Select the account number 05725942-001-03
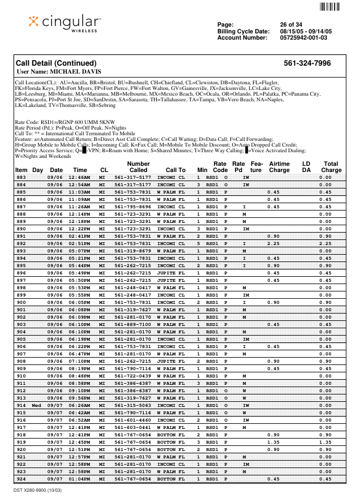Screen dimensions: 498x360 [303, 38]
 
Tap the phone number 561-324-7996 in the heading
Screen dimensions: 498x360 [307, 63]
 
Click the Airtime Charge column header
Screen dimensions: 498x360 [279, 167]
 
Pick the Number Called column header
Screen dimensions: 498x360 [138, 167]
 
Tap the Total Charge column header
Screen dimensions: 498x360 [331, 167]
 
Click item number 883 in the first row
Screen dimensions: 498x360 [21, 177]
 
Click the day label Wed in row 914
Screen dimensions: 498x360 [37, 405]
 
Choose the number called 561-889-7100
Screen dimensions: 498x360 [132, 324]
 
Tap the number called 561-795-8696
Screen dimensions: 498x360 [132, 207]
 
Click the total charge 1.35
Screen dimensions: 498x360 [325, 442]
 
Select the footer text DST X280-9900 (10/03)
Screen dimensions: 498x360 [38, 490]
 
